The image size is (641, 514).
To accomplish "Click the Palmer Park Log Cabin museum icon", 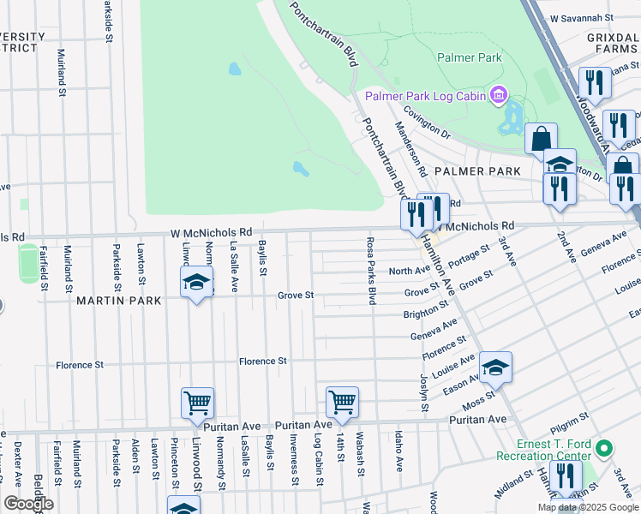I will pos(498,95).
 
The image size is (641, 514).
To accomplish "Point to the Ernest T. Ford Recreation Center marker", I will pos(604,448).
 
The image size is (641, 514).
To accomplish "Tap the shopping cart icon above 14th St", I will pos(342,400).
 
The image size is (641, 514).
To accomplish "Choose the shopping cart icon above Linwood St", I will pos(197,401).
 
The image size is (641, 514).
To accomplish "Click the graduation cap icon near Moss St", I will pos(495,366).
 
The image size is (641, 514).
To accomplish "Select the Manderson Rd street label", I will pos(410,147).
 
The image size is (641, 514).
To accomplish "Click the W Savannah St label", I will pos(583,17).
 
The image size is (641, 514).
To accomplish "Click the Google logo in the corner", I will pos(28,504).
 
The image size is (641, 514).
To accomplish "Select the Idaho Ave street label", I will pos(399,451).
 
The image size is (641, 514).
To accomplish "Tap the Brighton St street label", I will pos(425,314).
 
